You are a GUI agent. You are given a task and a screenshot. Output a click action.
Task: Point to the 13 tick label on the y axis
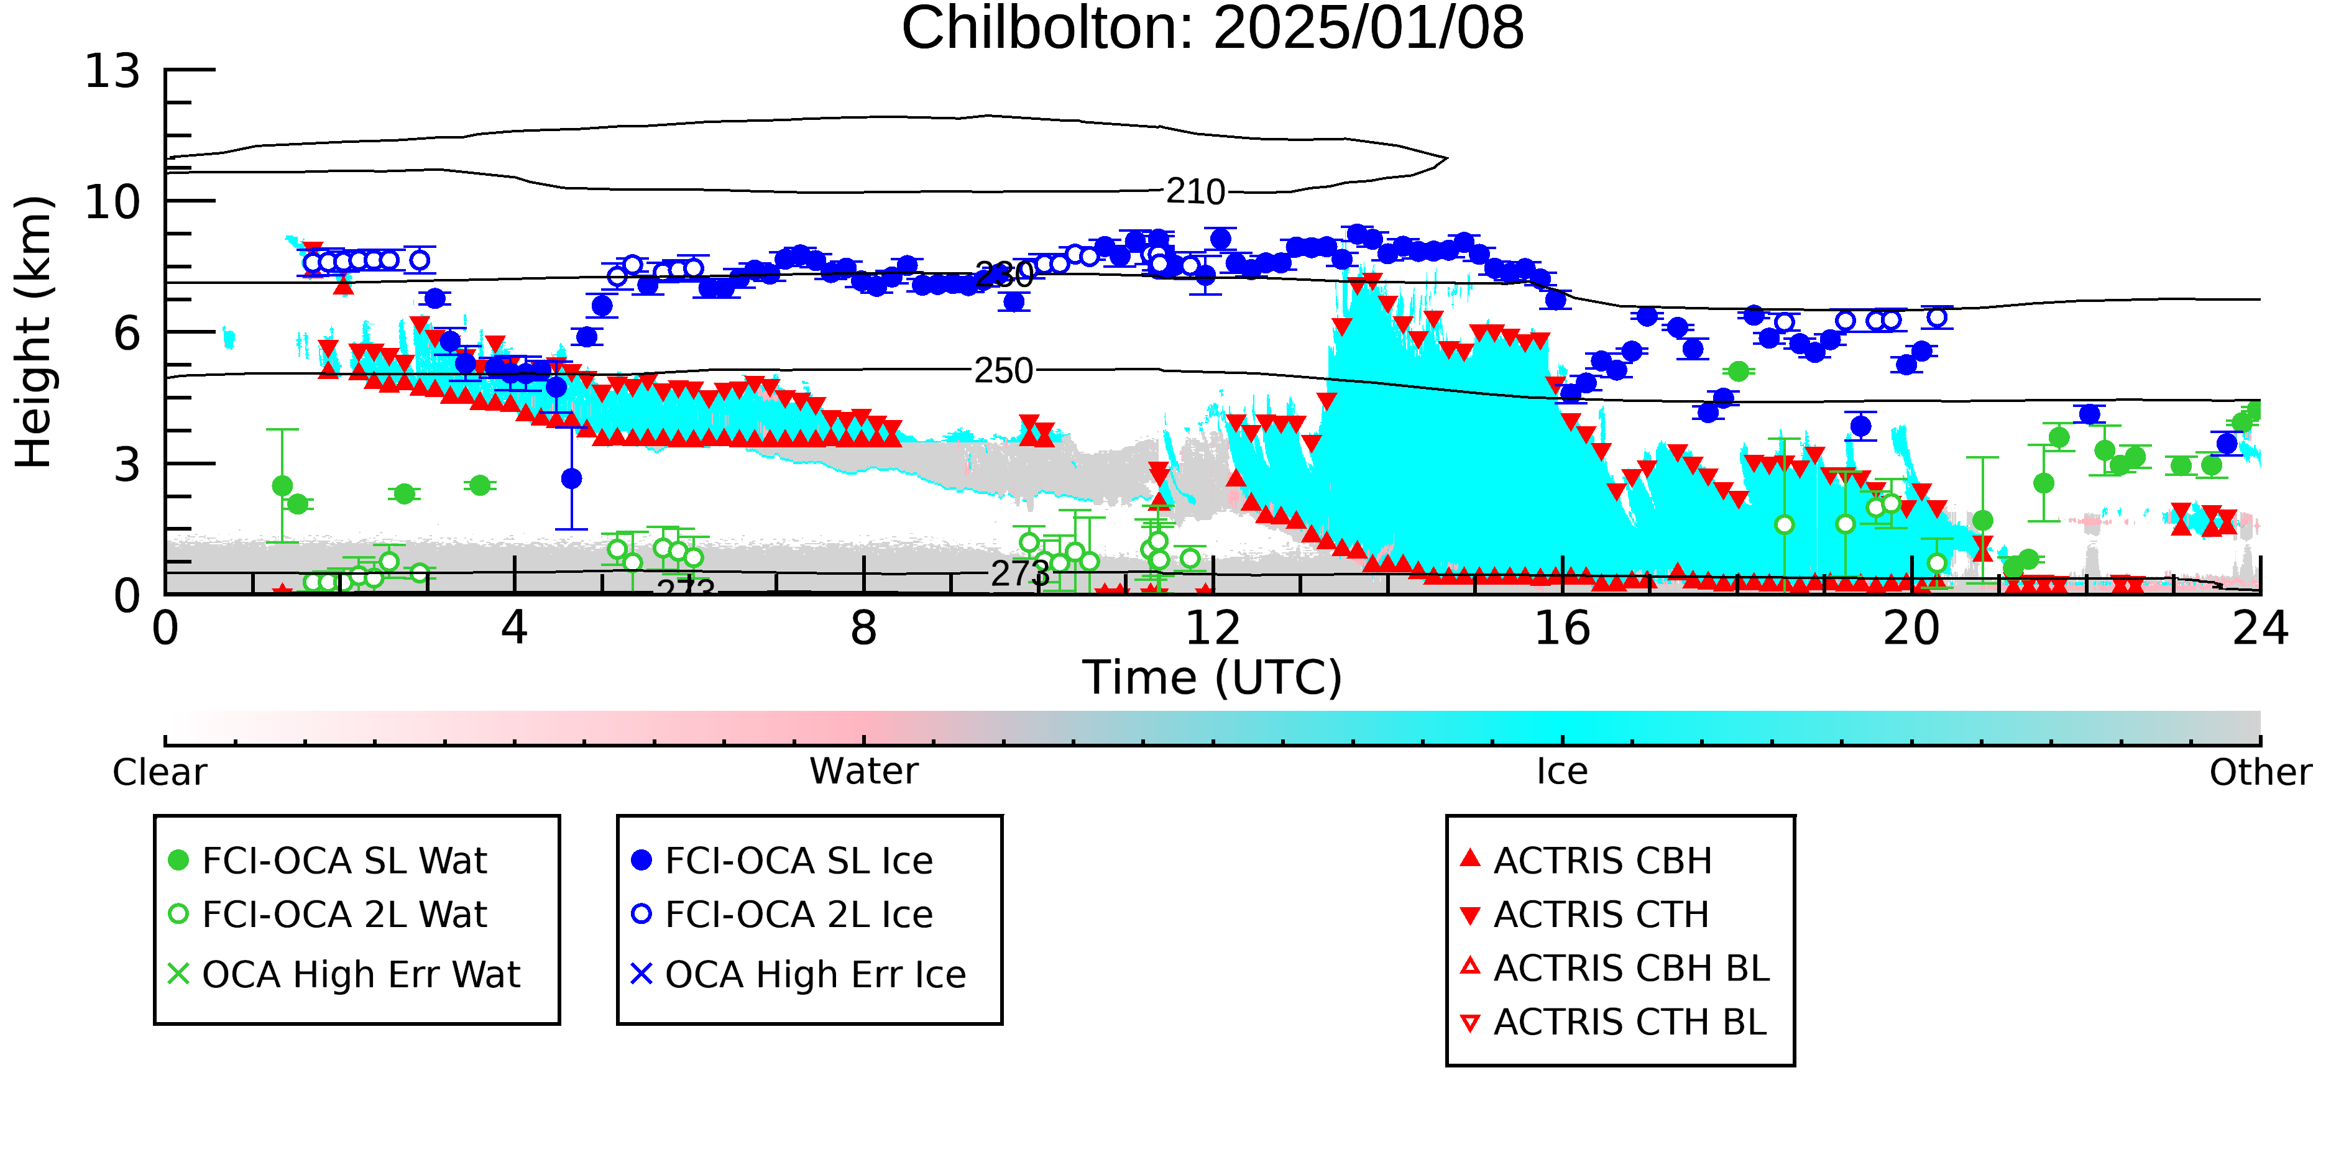[x=113, y=71]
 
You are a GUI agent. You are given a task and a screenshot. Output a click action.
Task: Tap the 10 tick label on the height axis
[x=113, y=203]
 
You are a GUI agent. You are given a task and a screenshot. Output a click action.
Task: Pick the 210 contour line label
[x=1195, y=192]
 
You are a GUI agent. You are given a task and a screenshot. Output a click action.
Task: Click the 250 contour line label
[x=1003, y=371]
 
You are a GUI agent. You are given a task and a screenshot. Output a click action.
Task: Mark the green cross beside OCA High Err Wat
[x=178, y=974]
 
